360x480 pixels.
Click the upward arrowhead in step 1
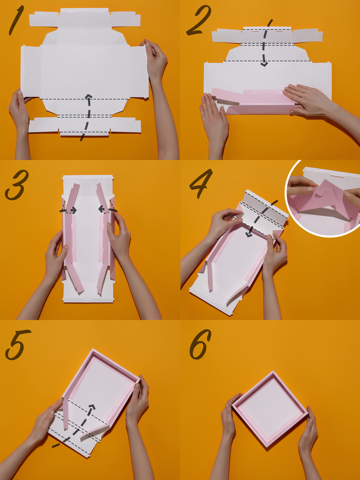(x=88, y=97)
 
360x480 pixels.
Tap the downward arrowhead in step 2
(x=265, y=64)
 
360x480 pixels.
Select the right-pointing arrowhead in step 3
(x=74, y=211)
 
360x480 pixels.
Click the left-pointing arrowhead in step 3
(x=101, y=209)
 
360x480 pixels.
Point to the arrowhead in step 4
(x=248, y=235)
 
